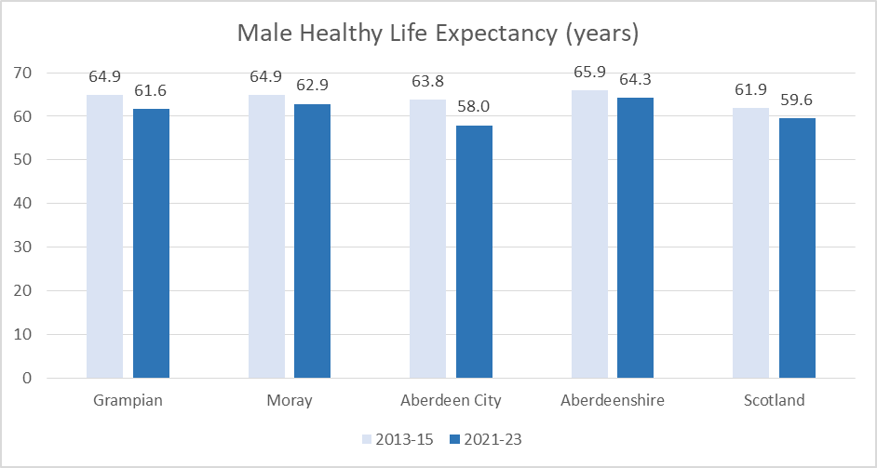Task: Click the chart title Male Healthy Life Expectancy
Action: [x=438, y=33]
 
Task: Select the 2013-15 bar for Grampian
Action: [x=104, y=236]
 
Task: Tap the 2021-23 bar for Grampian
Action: [x=151, y=244]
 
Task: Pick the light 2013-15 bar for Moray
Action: [x=266, y=236]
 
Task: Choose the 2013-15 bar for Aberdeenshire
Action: [x=589, y=234]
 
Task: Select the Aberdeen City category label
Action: [x=451, y=401]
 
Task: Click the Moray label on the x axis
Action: [x=289, y=401]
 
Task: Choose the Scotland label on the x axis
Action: [x=774, y=401]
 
